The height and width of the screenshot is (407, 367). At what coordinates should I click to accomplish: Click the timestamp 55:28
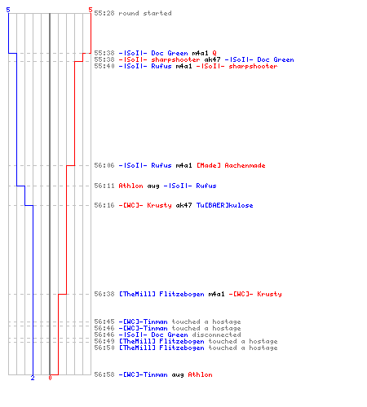coord(104,13)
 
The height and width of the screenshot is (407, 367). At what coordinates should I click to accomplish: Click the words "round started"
coord(145,13)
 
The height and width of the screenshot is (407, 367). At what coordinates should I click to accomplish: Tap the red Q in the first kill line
coord(214,53)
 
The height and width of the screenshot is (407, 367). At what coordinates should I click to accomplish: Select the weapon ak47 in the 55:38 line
coord(212,59)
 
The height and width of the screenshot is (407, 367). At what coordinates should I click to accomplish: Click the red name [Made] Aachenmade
coord(231,165)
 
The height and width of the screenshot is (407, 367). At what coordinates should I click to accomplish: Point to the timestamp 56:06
coord(104,165)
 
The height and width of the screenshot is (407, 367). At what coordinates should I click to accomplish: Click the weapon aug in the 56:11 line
coord(153,186)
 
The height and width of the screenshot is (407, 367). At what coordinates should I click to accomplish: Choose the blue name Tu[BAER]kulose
coord(225,205)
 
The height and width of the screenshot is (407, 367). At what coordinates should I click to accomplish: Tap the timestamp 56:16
coord(104,205)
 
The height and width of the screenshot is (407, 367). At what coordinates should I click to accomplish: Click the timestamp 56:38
coord(104,294)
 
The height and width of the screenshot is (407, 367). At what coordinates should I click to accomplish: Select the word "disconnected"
coord(216,335)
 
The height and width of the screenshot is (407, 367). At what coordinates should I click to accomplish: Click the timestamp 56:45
coord(104,322)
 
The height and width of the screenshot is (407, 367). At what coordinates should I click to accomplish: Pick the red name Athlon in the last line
coord(201,374)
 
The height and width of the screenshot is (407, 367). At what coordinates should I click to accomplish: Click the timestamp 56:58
coord(104,374)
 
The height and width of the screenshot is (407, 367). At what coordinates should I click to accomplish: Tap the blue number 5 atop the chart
coord(8,10)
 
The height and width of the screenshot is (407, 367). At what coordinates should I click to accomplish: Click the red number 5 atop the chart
coord(91,10)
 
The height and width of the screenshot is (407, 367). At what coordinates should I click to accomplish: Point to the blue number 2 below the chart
coord(33,378)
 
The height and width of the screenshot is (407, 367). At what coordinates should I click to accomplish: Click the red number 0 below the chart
coord(50,378)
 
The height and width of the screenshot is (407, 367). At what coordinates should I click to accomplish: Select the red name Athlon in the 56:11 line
coord(130,186)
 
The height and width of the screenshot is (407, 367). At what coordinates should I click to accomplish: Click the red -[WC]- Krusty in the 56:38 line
coord(255,294)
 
